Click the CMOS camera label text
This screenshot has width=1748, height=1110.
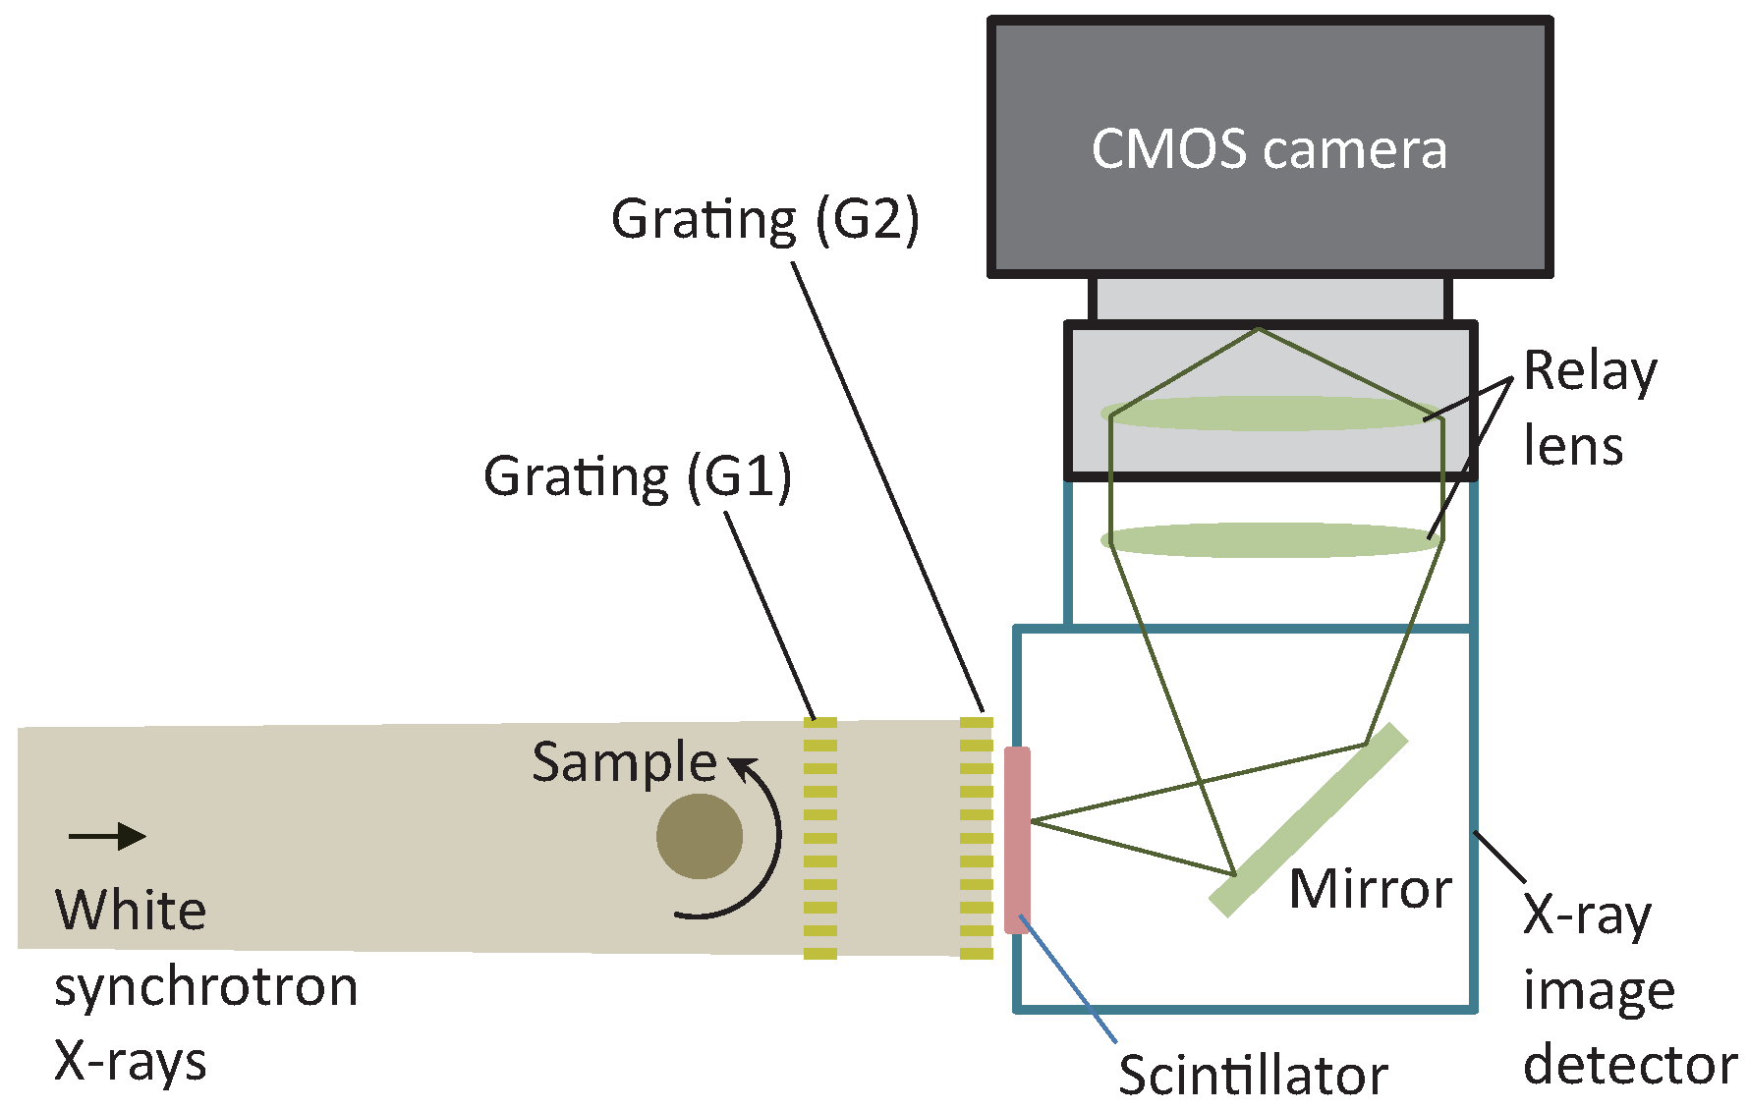point(1269,150)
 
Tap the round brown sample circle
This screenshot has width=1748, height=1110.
point(700,837)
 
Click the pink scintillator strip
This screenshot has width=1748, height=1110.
point(1017,840)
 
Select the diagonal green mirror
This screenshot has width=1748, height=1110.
point(1308,820)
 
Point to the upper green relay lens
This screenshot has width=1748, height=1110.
point(1268,414)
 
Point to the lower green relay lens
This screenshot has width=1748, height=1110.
point(1268,540)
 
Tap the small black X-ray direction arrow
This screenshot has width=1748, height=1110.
point(107,837)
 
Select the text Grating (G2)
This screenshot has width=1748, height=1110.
point(764,220)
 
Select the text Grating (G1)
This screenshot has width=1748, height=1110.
point(637,478)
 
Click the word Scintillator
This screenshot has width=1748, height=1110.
point(1253,1076)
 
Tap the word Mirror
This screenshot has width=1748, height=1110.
point(1370,890)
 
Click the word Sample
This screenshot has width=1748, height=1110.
point(624,763)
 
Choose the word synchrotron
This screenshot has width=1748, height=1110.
point(205,986)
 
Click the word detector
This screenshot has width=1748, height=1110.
point(1629,1065)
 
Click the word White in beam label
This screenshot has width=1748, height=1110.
point(131,911)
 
